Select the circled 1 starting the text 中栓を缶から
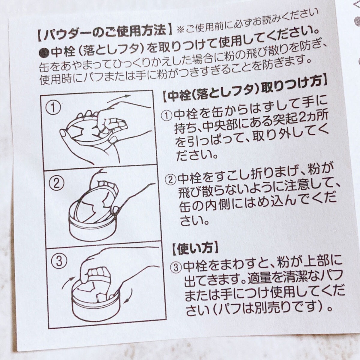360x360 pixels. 166,115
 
